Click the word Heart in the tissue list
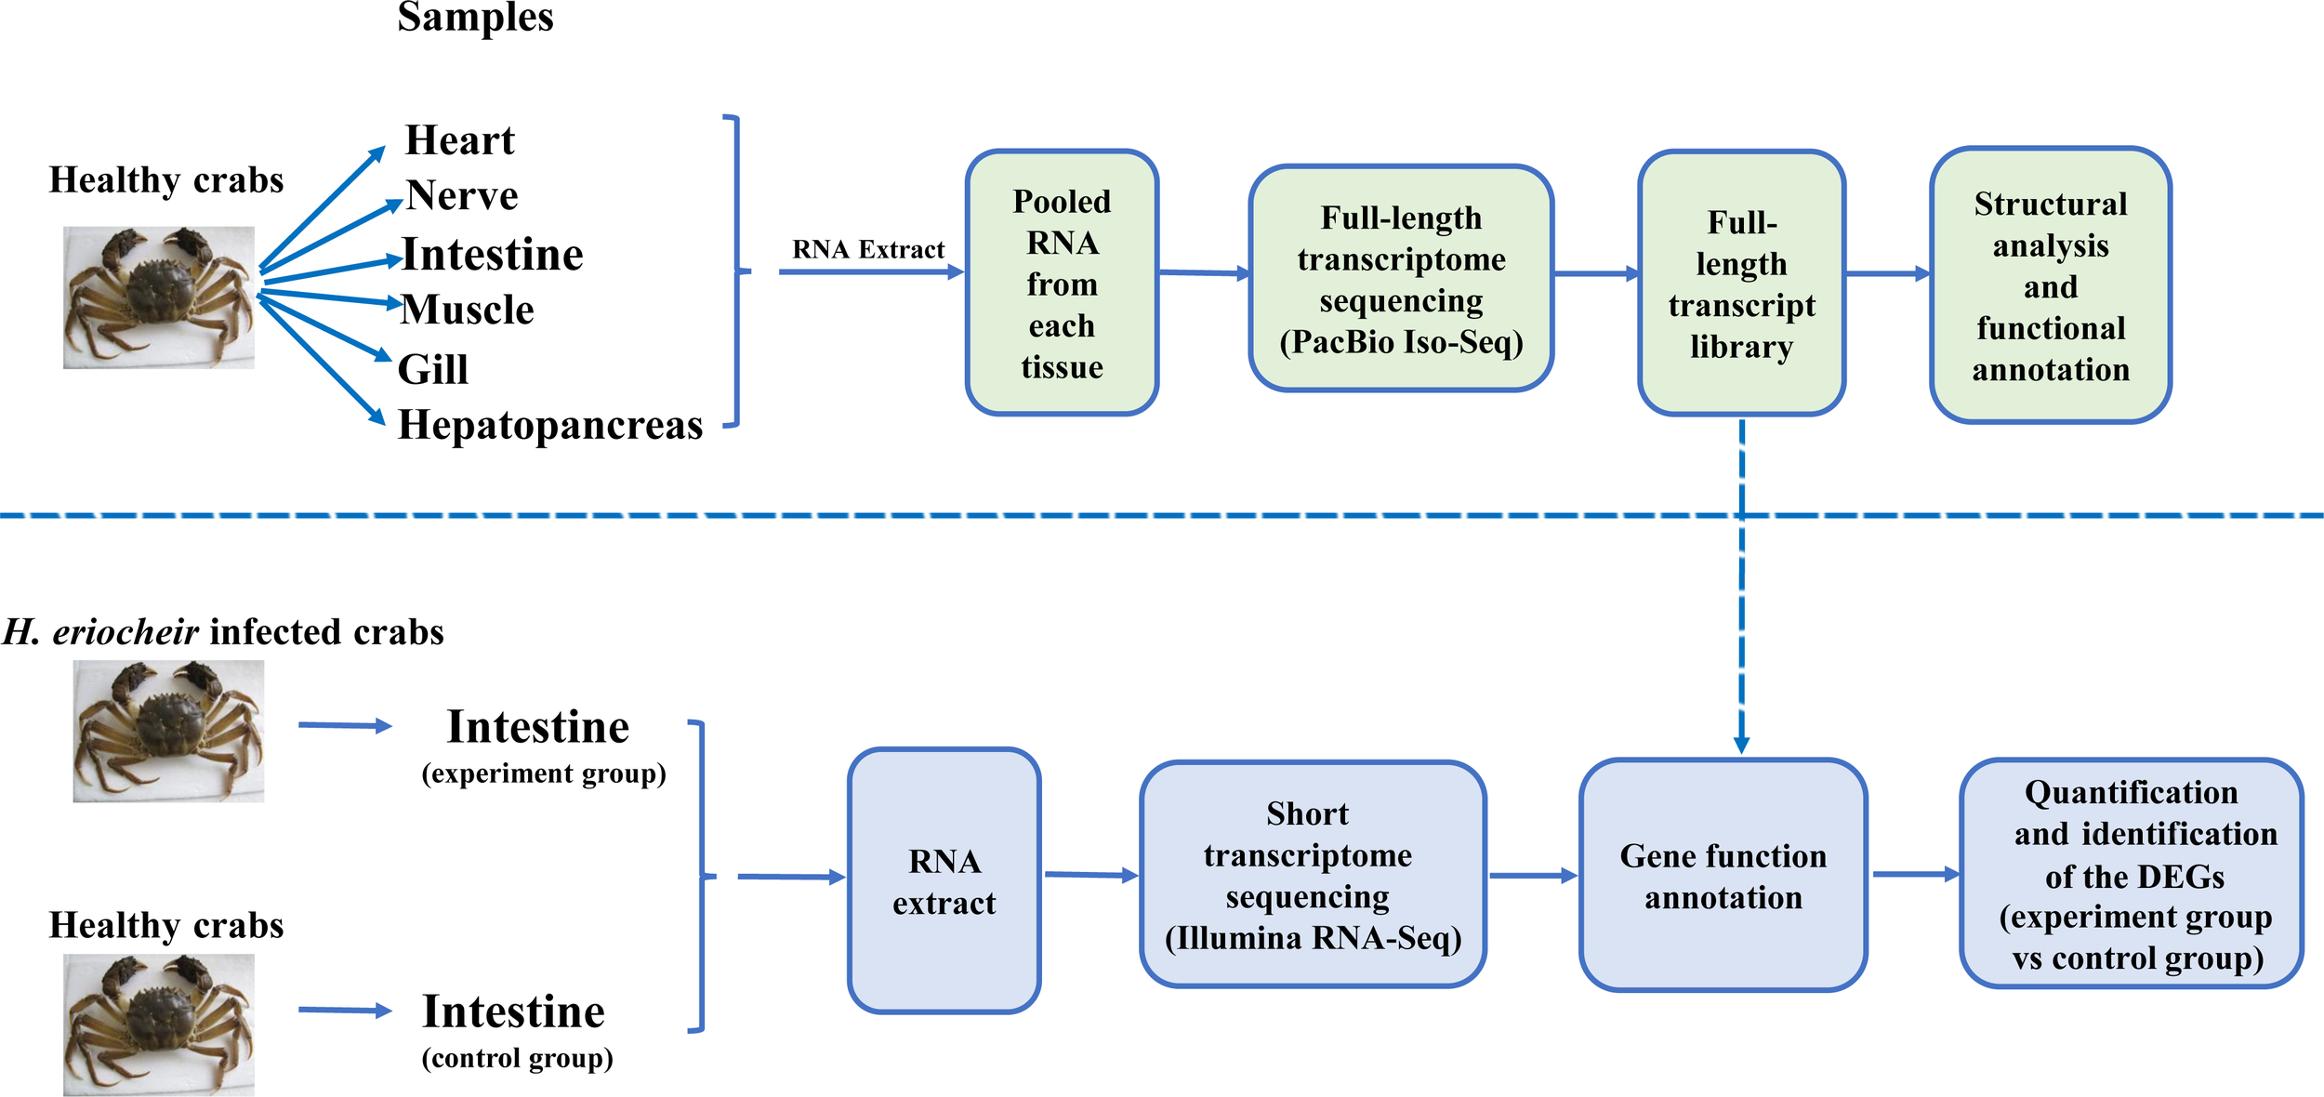click(459, 140)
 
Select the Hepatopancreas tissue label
click(550, 425)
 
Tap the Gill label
click(432, 369)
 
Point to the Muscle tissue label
click(468, 310)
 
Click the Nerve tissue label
click(462, 195)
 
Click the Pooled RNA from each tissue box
click(1062, 283)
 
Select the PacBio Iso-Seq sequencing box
click(1401, 279)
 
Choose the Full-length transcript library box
click(1741, 283)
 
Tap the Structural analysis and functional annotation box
click(2050, 285)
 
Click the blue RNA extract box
click(944, 880)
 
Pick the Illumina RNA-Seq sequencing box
click(1312, 874)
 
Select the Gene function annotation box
click(1723, 875)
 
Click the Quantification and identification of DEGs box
click(2131, 873)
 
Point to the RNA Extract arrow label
click(867, 249)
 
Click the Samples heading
click(475, 17)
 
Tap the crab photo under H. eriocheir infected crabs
click(168, 731)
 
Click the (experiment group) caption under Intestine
click(544, 773)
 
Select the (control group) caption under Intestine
click(517, 1058)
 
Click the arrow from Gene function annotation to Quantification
click(1914, 874)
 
